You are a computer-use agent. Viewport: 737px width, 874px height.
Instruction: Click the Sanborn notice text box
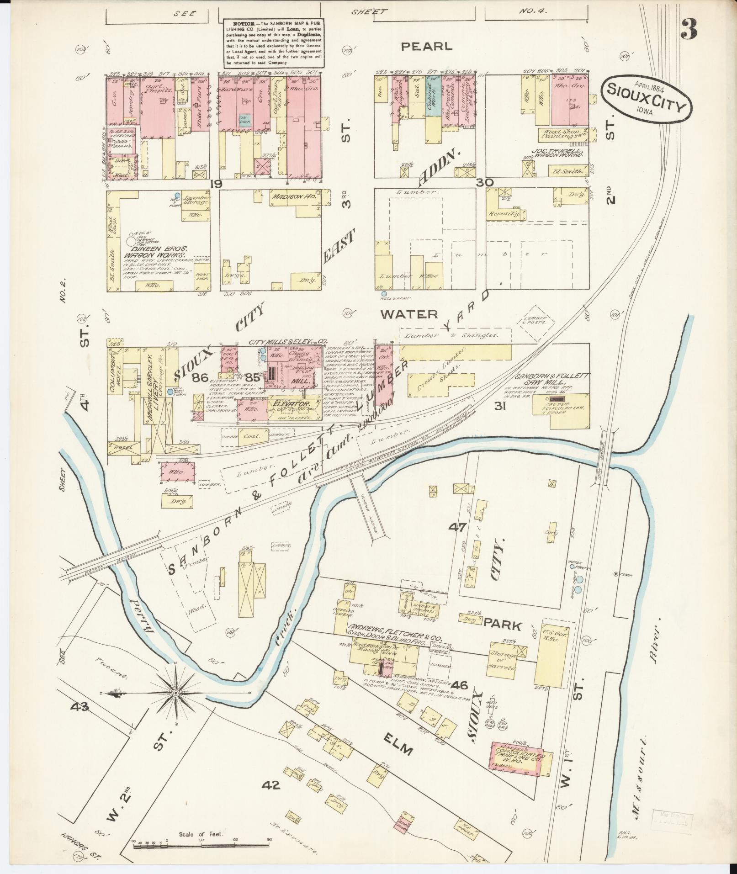click(x=274, y=43)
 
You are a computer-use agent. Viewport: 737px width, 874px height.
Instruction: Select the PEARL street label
click(x=427, y=46)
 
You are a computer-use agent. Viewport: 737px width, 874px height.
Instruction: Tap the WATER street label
click(x=409, y=314)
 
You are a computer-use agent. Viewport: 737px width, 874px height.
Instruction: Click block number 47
click(x=457, y=527)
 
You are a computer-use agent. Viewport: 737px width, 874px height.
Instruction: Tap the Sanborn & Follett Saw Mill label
click(x=552, y=379)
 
